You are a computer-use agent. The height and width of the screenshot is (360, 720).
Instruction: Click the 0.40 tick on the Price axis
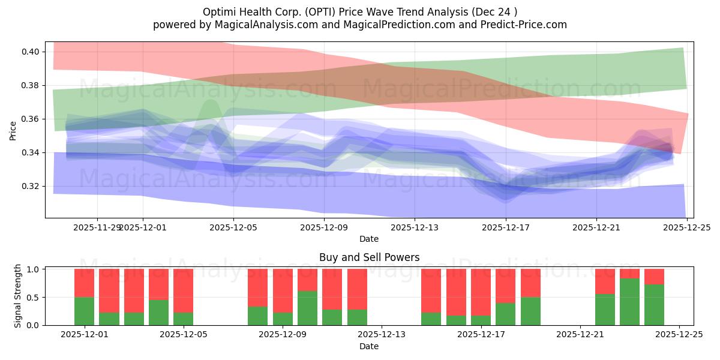pyautogui.click(x=31, y=52)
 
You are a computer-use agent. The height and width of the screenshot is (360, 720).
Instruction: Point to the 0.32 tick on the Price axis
pyautogui.click(x=31, y=186)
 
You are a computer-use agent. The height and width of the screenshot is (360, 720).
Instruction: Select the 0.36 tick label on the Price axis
pyautogui.click(x=31, y=119)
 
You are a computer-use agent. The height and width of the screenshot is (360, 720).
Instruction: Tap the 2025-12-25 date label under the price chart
pyautogui.click(x=686, y=228)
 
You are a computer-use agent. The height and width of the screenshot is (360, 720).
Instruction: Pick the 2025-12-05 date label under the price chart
pyautogui.click(x=233, y=228)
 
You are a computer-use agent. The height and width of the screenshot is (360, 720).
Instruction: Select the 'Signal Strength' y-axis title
pyautogui.click(x=18, y=296)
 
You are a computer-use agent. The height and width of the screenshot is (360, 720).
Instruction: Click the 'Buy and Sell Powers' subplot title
pyautogui.click(x=369, y=257)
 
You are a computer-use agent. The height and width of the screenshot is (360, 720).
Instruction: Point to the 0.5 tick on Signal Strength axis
pyautogui.click(x=34, y=297)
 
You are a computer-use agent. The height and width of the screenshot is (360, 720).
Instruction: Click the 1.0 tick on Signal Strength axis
pyautogui.click(x=34, y=269)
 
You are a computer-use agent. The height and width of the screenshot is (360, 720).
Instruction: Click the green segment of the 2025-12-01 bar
pyautogui.click(x=84, y=311)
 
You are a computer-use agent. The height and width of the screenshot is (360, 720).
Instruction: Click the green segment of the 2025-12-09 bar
pyautogui.click(x=307, y=308)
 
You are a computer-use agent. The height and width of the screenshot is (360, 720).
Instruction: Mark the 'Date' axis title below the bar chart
pyautogui.click(x=369, y=346)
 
